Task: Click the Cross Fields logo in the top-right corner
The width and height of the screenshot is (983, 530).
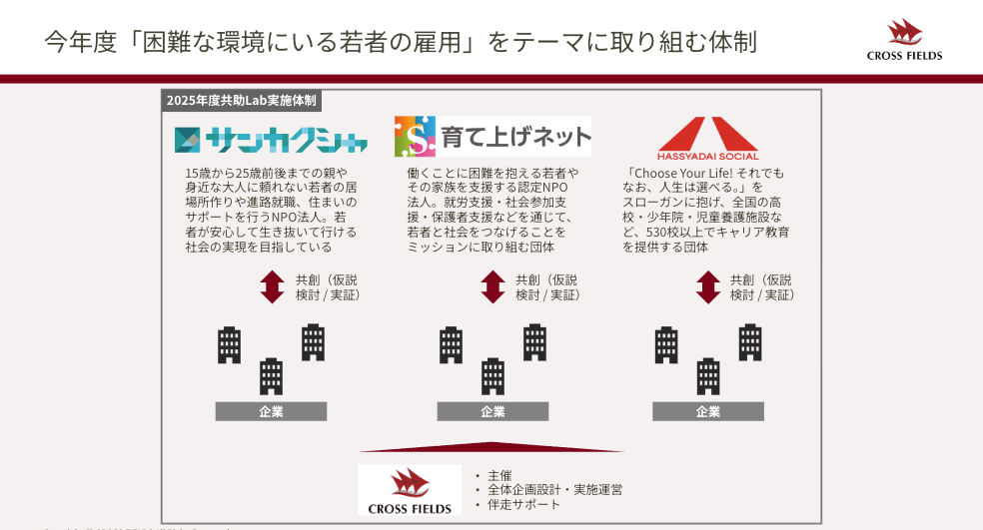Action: [x=904, y=40]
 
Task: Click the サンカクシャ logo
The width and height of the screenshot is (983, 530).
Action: [x=271, y=140]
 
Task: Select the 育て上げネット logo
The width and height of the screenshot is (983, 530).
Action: [x=492, y=137]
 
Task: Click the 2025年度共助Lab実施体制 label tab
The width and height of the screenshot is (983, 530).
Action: [x=242, y=101]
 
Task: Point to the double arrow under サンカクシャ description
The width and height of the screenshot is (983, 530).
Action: [x=272, y=287]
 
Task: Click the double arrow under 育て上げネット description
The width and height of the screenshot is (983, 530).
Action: [x=492, y=287]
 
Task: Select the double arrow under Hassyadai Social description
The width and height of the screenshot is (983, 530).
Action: [x=707, y=287]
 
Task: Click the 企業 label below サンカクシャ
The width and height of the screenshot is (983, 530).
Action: [x=271, y=411]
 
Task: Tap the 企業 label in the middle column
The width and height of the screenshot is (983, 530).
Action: [x=492, y=411]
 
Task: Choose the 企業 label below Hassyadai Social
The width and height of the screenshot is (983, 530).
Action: [x=707, y=411]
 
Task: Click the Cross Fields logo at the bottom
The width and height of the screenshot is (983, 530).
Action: [x=410, y=488]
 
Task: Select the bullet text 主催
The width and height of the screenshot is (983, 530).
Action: [x=499, y=475]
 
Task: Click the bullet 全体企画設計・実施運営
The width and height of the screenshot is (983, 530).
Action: [x=554, y=490]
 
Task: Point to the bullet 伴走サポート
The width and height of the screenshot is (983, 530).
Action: [x=523, y=505]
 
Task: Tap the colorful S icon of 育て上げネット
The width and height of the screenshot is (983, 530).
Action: [x=416, y=137]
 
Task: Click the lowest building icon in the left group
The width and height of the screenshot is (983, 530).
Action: [x=272, y=376]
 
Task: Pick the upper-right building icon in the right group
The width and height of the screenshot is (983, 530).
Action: [x=750, y=342]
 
